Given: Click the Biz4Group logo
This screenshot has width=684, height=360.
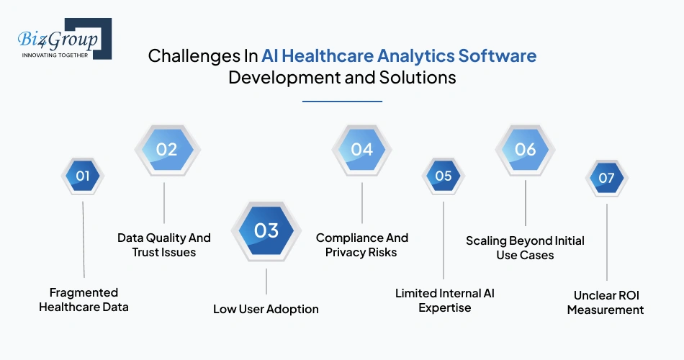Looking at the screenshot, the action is coord(65,39).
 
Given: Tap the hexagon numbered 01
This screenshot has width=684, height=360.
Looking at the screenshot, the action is coord(83,176).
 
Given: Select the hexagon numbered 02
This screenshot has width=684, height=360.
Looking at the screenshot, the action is coord(167,150).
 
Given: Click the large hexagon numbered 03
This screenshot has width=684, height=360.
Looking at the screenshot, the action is coord(266,230).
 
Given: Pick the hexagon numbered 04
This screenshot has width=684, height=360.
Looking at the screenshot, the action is coord(361,150).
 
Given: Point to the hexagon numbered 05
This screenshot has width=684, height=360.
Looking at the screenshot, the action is coord(444,176).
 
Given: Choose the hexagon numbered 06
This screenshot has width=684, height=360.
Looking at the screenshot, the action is coord(525,150).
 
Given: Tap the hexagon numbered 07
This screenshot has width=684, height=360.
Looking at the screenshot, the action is coord(606,178).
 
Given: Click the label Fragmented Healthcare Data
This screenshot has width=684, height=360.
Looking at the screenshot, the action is coord(84,300).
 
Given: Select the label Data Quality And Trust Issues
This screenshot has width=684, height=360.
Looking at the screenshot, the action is coord(164,245).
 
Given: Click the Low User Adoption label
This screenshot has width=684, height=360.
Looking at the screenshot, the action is coord(266,309).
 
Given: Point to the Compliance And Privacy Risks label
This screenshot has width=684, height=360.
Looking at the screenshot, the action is coord(361,245).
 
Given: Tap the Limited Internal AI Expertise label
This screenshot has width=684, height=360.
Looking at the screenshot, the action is coord(444,300).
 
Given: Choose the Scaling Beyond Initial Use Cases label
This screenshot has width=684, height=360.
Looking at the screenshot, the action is coord(525,248).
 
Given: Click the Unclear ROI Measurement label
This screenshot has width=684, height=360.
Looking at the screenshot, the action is coord(606,302).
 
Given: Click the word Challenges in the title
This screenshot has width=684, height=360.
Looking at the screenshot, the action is coord(194,56).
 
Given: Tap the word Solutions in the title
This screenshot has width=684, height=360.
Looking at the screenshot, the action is coord(418,77).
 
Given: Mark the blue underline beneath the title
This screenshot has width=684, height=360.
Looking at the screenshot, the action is coord(342,102).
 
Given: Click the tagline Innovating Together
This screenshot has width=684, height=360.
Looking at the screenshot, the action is coord(55,55).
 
